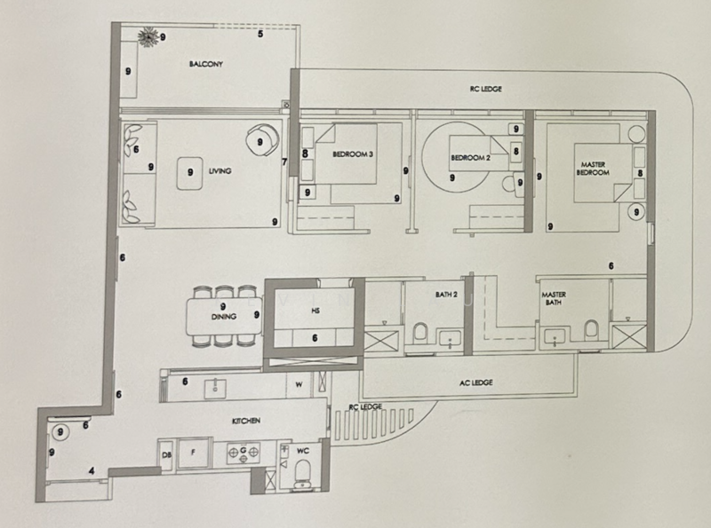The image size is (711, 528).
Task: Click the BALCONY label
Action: [x=204, y=65]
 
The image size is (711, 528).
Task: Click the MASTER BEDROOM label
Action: [x=594, y=169]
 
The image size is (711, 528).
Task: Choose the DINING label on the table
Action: [x=222, y=317]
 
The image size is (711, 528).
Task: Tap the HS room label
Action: [x=315, y=311]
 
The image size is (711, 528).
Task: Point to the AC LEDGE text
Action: [x=477, y=382]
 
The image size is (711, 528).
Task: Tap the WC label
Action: [x=301, y=451]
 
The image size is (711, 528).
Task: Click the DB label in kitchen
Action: [x=167, y=455]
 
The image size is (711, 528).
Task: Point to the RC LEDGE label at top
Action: [x=485, y=90]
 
